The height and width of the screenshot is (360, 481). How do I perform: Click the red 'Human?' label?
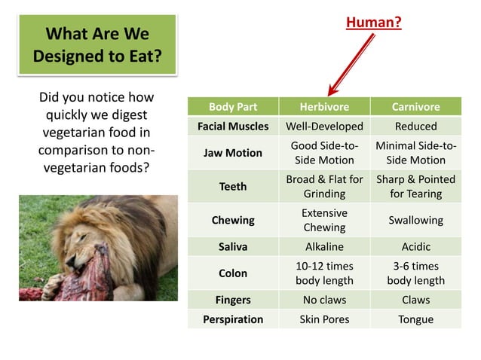coord(373,23)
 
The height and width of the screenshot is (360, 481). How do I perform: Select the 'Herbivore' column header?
coord(323,107)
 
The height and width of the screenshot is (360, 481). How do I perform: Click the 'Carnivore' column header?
coord(415,107)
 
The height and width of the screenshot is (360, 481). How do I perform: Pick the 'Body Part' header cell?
coord(233,107)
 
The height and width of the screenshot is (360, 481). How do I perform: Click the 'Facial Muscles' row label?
coord(233,126)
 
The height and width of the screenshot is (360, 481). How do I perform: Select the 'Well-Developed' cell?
coord(323,126)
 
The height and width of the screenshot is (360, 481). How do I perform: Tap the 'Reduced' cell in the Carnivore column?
coord(415,126)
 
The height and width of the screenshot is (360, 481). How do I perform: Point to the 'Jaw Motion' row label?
coord(233,152)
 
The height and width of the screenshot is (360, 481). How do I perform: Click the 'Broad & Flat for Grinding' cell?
coord(323,186)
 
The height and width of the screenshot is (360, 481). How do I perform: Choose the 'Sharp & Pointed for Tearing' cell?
coord(415,186)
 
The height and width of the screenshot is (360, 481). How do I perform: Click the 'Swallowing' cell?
coord(415,221)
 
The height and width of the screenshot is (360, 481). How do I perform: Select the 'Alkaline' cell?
coord(323,246)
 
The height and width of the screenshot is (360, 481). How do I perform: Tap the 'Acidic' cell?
coord(415,246)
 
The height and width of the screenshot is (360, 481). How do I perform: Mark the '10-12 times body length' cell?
coord(323,273)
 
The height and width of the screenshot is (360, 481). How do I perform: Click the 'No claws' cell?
coord(323,300)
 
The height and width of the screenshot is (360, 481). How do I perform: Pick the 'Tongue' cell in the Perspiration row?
coord(415,319)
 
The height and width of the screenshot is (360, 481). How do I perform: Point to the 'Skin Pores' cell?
coord(323,319)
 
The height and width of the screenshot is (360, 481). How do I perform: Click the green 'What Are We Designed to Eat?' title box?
coord(97,44)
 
